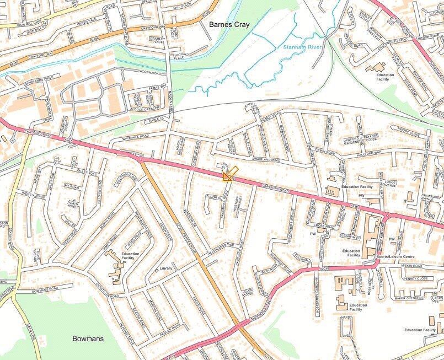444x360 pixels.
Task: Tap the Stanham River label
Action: click(x=303, y=48)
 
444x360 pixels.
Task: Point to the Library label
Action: click(x=165, y=268)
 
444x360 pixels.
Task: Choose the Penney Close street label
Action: click(x=415, y=278)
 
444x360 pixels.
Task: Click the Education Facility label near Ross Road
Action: click(x=131, y=256)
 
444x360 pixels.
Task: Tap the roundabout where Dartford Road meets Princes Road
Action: click(x=141, y=159)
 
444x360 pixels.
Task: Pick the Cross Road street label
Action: click(x=330, y=225)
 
